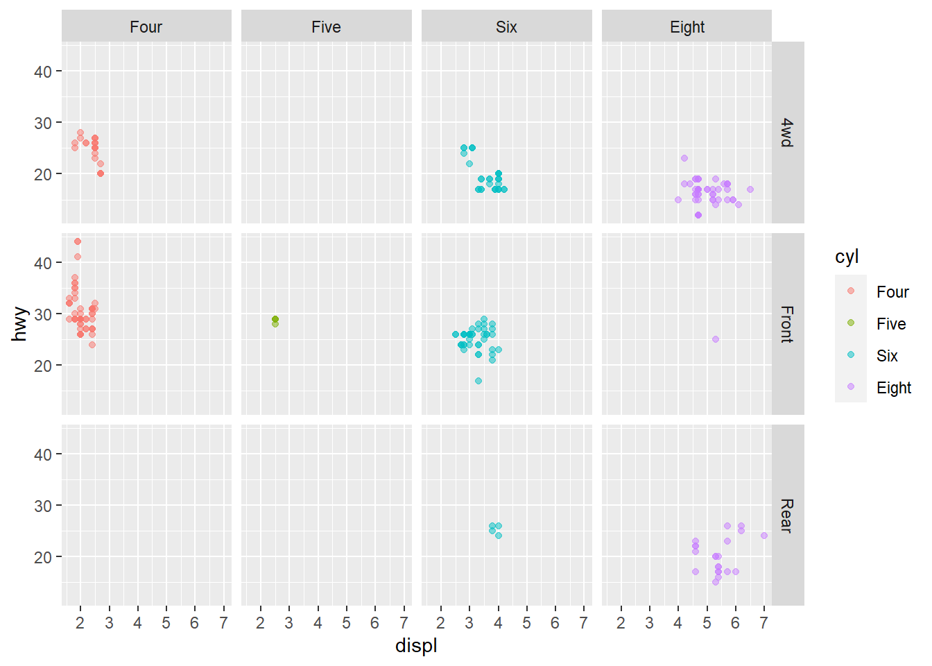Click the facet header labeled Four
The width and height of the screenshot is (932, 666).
pyautogui.click(x=146, y=27)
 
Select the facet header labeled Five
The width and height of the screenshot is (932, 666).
pyautogui.click(x=326, y=27)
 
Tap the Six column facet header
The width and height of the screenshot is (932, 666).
pyautogui.click(x=506, y=27)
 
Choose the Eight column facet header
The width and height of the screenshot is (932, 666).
pyautogui.click(x=687, y=27)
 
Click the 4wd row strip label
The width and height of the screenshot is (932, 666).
pyautogui.click(x=787, y=133)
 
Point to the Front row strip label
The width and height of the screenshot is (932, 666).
pyautogui.click(x=787, y=324)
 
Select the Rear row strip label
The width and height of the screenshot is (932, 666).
pyautogui.click(x=787, y=515)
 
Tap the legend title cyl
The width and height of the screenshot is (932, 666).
pyautogui.click(x=847, y=257)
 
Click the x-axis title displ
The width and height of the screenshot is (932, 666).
pyautogui.click(x=416, y=646)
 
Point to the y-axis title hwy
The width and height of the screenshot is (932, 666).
pyautogui.click(x=19, y=324)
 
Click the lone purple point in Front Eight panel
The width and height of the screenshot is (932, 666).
pyautogui.click(x=715, y=339)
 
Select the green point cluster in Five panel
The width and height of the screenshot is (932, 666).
pyautogui.click(x=275, y=320)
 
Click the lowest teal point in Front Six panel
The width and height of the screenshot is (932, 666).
pyautogui.click(x=478, y=381)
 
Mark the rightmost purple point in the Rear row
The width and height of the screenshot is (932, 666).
pyautogui.click(x=763, y=536)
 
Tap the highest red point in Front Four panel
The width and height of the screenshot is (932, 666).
pyautogui.click(x=78, y=241)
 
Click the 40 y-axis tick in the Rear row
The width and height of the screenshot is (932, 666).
pyautogui.click(x=43, y=454)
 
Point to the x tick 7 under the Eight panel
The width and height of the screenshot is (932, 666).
pyautogui.click(x=763, y=623)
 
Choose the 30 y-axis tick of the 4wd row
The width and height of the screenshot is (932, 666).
pyautogui.click(x=43, y=123)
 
